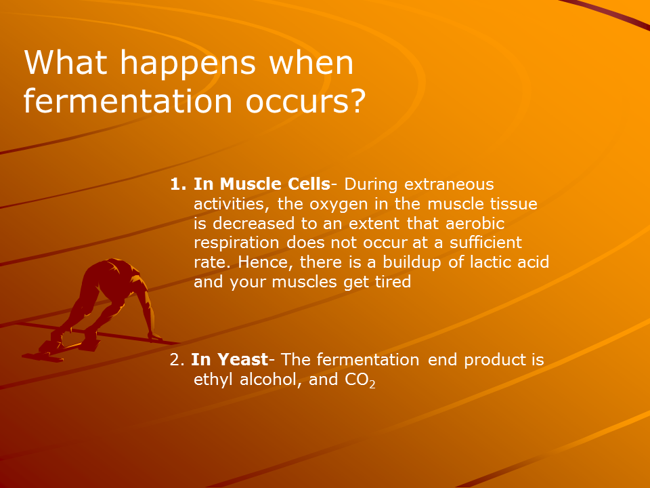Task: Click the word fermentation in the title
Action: click(x=128, y=101)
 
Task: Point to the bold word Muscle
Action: click(x=251, y=184)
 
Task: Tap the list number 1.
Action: click(x=178, y=184)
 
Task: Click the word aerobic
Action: click(x=475, y=223)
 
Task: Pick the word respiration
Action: click(x=236, y=243)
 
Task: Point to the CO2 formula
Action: click(x=360, y=380)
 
